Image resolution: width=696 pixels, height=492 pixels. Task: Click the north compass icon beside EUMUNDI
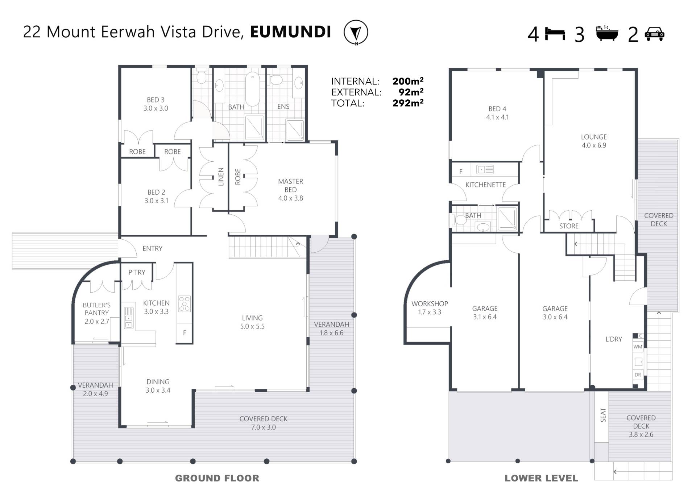356,32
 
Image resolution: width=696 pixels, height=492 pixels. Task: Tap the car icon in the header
654,34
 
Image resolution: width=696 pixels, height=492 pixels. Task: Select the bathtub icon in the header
607,33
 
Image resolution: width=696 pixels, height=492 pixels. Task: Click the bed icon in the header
555,34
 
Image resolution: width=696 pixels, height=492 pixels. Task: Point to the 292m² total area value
408,103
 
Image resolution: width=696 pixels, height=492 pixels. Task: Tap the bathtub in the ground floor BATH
252,89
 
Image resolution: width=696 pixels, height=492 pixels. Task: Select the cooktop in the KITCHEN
184,304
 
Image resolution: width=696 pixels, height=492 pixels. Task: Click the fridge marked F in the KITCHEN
184,333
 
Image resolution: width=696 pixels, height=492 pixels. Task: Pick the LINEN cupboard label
221,177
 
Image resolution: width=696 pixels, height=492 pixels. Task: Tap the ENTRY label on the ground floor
152,248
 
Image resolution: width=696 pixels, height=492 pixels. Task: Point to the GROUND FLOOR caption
217,478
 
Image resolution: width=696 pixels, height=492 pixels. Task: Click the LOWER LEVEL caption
541,478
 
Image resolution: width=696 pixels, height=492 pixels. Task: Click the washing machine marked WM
638,347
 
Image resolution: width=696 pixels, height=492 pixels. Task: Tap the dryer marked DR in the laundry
638,375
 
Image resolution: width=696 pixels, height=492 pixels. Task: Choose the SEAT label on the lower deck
603,415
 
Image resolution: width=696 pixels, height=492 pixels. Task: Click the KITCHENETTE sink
485,169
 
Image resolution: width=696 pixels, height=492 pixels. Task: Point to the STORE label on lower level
569,226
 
